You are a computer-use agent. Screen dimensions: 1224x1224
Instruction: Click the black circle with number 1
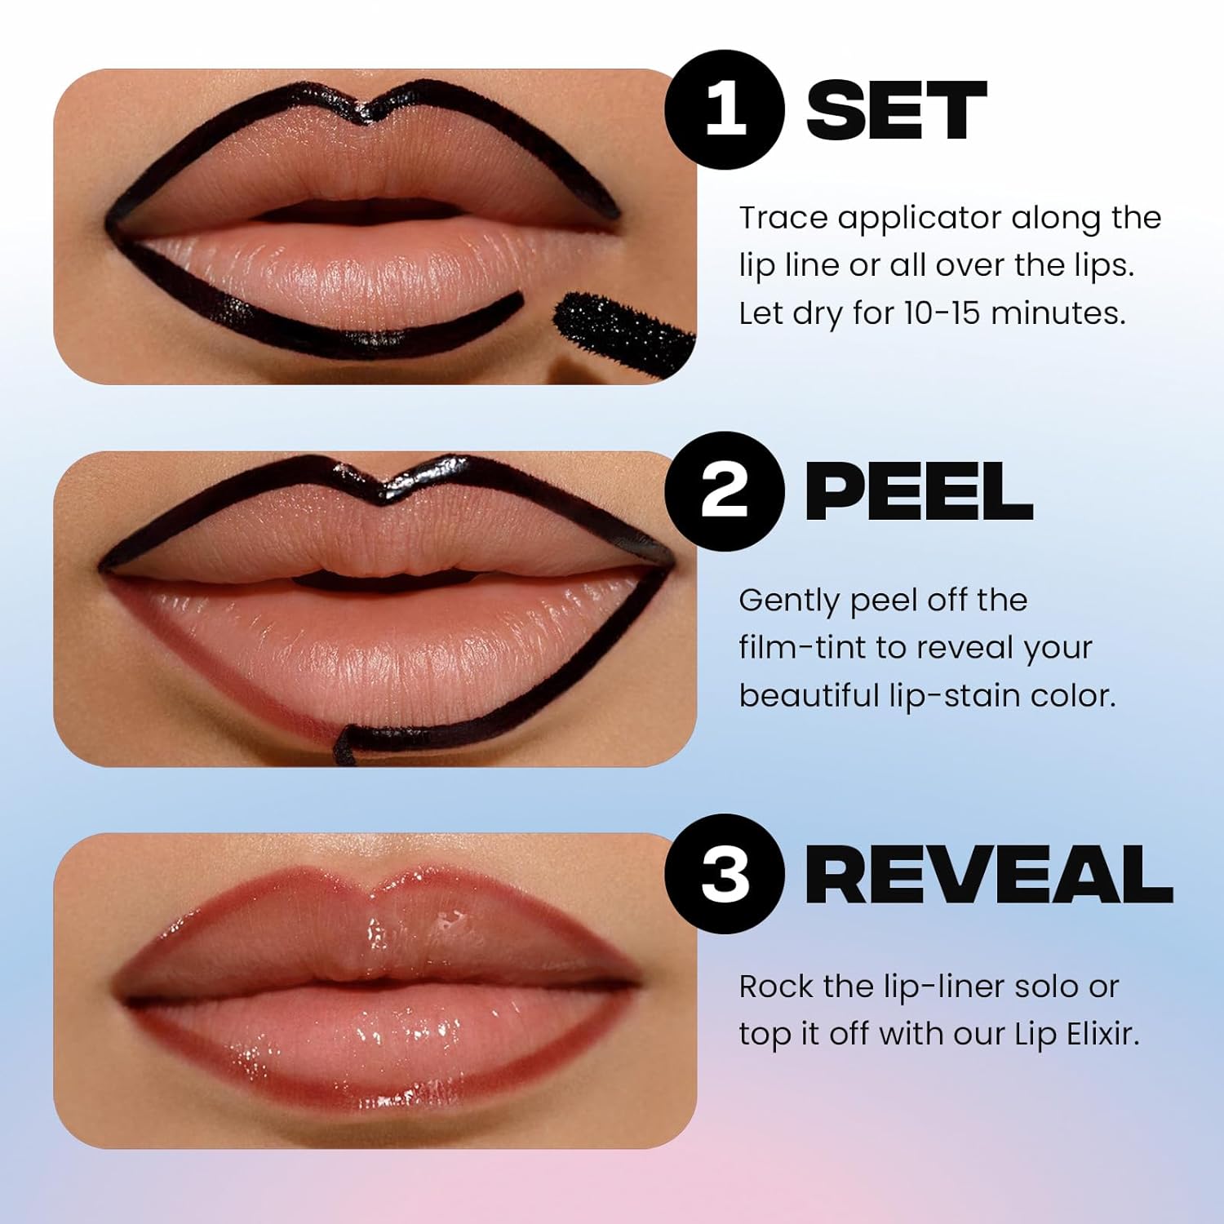coord(725,109)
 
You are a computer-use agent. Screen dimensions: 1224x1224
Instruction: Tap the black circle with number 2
coord(725,491)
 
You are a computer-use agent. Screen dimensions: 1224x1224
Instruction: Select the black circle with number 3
coord(725,873)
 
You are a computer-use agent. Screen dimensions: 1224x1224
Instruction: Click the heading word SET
coord(896,111)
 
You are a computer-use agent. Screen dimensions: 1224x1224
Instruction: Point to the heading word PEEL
coord(919,492)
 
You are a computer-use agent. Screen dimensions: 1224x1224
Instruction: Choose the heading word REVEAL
coord(989,875)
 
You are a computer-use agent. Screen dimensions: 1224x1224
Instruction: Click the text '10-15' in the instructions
coord(942,313)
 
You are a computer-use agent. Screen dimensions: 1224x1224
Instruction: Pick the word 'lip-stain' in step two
coord(942,696)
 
